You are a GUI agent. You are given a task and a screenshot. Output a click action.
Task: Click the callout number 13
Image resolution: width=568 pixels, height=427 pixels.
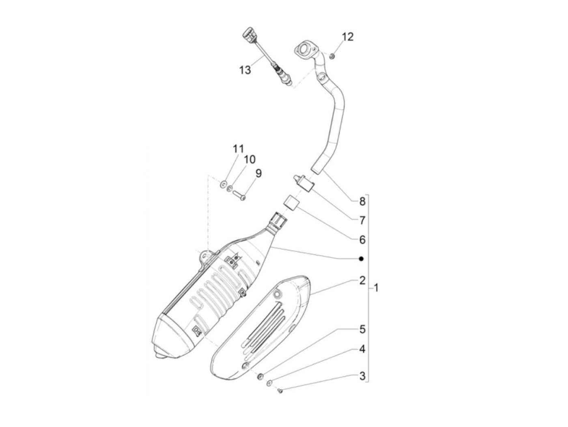point(245,70)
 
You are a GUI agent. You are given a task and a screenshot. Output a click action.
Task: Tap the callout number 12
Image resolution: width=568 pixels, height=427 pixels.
point(348,37)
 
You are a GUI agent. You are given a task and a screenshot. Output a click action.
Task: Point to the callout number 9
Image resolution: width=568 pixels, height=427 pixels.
point(258,173)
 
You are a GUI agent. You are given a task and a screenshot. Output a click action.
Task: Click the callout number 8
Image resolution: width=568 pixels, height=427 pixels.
point(362,201)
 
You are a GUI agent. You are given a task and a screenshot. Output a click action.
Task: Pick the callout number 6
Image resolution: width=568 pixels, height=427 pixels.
point(362,239)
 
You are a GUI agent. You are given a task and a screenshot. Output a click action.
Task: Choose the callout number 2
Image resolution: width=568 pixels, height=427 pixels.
point(362,280)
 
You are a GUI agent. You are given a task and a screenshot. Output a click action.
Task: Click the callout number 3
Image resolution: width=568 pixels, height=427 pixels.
point(362,376)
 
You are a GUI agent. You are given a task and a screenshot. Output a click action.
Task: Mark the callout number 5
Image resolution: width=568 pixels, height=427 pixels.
point(362,329)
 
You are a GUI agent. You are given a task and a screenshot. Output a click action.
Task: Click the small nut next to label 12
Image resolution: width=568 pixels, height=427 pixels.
point(332,56)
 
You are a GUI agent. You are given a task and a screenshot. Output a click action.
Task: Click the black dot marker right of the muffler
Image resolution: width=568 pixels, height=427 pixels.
point(361,259)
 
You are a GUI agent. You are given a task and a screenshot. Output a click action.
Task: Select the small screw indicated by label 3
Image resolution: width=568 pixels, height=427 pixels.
point(280,390)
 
